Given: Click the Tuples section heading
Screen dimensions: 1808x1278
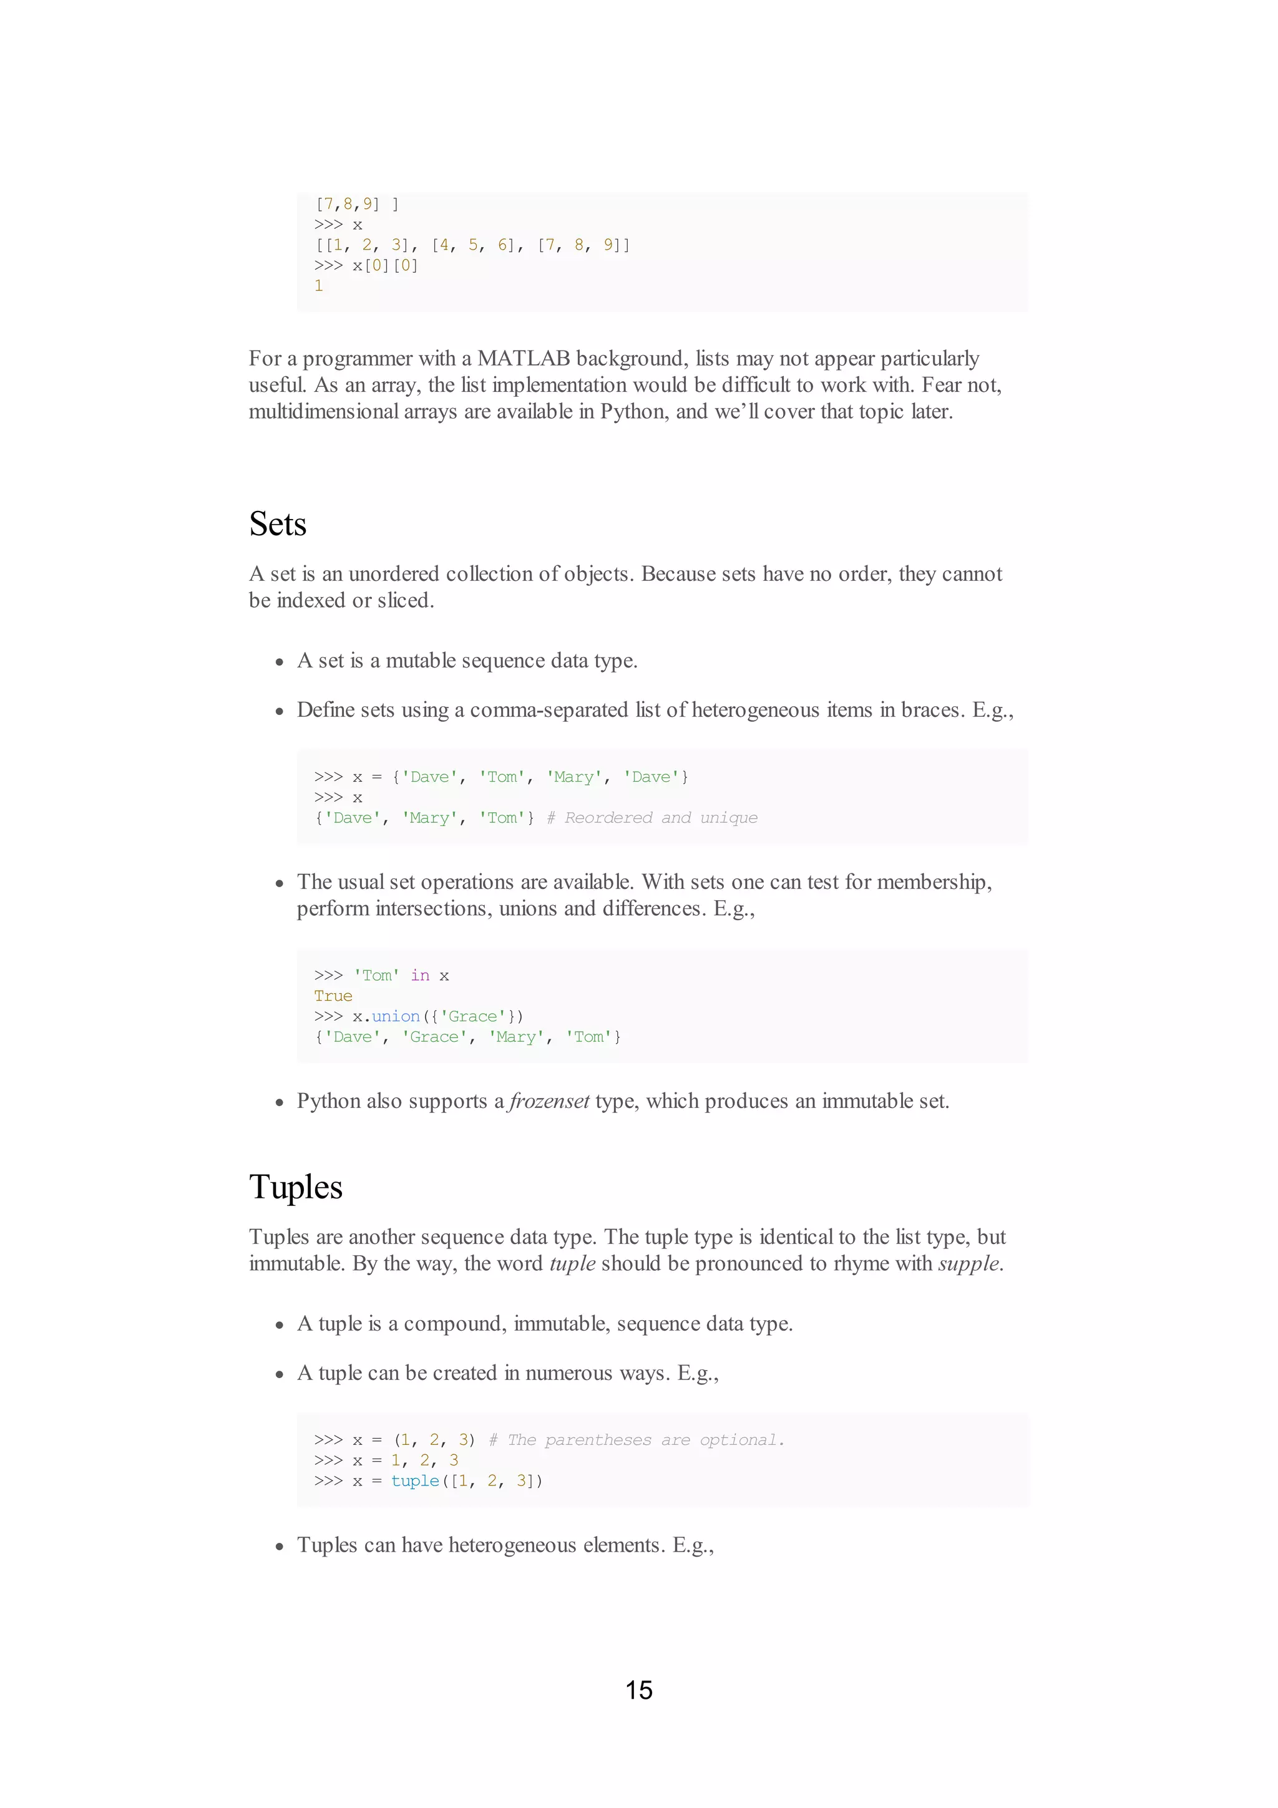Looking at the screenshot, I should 295,1187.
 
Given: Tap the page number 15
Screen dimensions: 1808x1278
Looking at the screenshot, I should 638,1691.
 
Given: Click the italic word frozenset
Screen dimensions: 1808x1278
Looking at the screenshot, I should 549,1101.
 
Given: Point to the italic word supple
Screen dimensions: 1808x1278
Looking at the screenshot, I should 968,1264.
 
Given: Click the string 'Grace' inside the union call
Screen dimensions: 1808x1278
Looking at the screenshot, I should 472,1016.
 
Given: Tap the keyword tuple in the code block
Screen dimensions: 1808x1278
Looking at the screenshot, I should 415,1481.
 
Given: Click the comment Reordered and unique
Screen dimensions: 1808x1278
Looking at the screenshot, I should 652,818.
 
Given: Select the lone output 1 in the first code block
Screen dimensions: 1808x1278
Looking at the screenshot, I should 319,286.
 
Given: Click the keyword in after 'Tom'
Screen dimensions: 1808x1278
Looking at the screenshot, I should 420,976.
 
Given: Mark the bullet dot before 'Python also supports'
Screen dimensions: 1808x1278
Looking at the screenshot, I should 279,1102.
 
